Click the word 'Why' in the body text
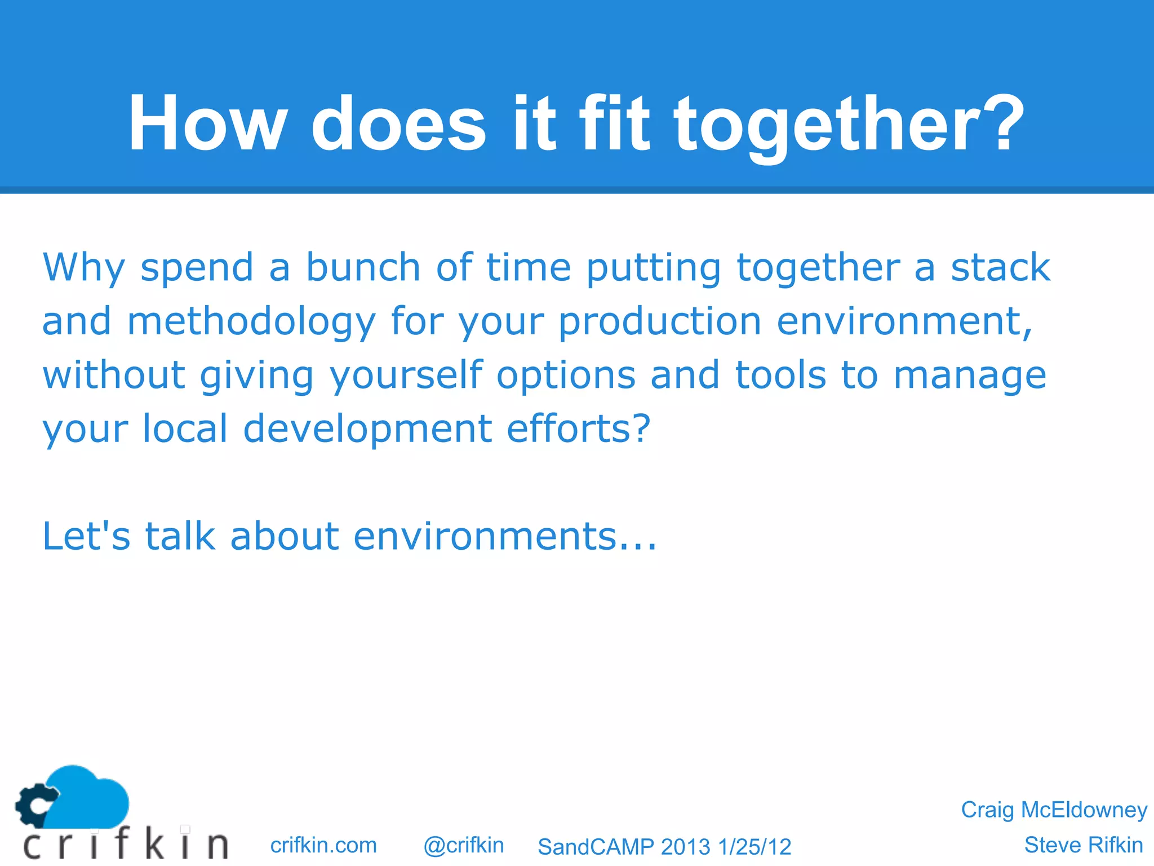point(83,268)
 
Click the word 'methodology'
point(251,321)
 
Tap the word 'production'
point(660,321)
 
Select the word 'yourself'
point(406,375)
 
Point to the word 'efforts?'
point(579,428)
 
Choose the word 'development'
point(367,430)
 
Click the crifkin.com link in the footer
point(323,845)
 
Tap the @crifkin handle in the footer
point(463,845)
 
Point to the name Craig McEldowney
point(1054,810)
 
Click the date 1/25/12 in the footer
point(754,847)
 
